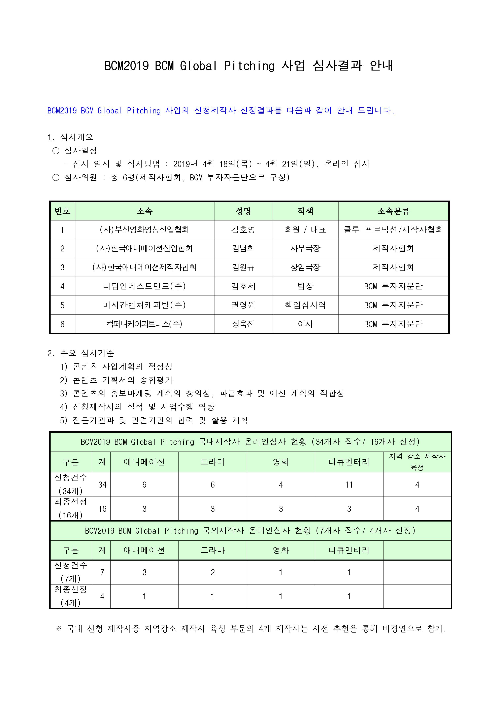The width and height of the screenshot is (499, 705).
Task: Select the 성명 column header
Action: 243,211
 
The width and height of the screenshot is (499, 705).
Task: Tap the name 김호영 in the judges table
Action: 243,230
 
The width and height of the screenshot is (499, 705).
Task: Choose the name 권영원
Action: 243,305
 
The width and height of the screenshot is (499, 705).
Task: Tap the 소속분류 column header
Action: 393,211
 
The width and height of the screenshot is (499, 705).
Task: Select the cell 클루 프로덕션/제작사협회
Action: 393,230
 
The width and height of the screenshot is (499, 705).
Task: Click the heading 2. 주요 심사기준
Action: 80,353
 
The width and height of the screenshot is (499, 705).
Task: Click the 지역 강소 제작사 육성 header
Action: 417,462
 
